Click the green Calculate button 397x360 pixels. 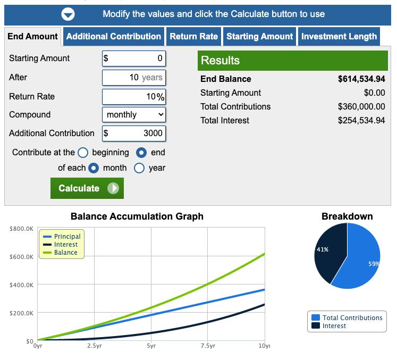pos(87,188)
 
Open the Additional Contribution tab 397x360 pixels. pos(113,37)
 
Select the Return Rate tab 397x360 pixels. pos(193,37)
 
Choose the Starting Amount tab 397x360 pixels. pos(259,37)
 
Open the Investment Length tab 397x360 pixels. pos(339,37)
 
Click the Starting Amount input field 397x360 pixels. pos(134,58)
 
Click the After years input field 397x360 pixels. pos(134,78)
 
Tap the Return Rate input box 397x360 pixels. pos(134,97)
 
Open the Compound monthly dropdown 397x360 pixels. pos(134,114)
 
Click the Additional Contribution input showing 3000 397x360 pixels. pos(134,133)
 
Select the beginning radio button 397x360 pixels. pos(83,153)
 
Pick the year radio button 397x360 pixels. pos(139,168)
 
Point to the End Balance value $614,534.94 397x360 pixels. pos(361,79)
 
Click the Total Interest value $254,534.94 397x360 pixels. pos(361,121)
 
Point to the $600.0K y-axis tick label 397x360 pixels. pos(22,257)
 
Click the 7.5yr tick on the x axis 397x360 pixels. pos(208,346)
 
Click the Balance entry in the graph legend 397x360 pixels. pos(65,253)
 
